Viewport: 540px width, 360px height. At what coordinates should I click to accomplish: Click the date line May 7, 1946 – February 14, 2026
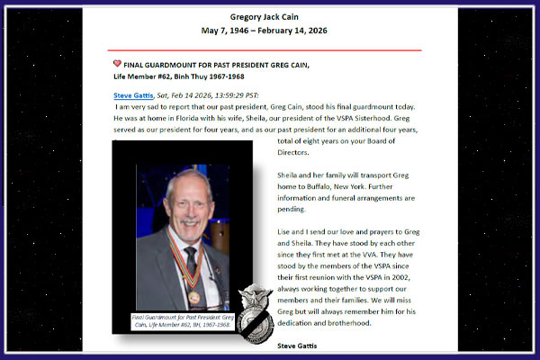270,31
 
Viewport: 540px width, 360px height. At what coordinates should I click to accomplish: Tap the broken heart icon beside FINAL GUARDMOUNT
118,65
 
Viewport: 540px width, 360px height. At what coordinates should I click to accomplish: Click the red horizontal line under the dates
270,50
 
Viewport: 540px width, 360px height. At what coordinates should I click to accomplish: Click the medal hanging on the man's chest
193,294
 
